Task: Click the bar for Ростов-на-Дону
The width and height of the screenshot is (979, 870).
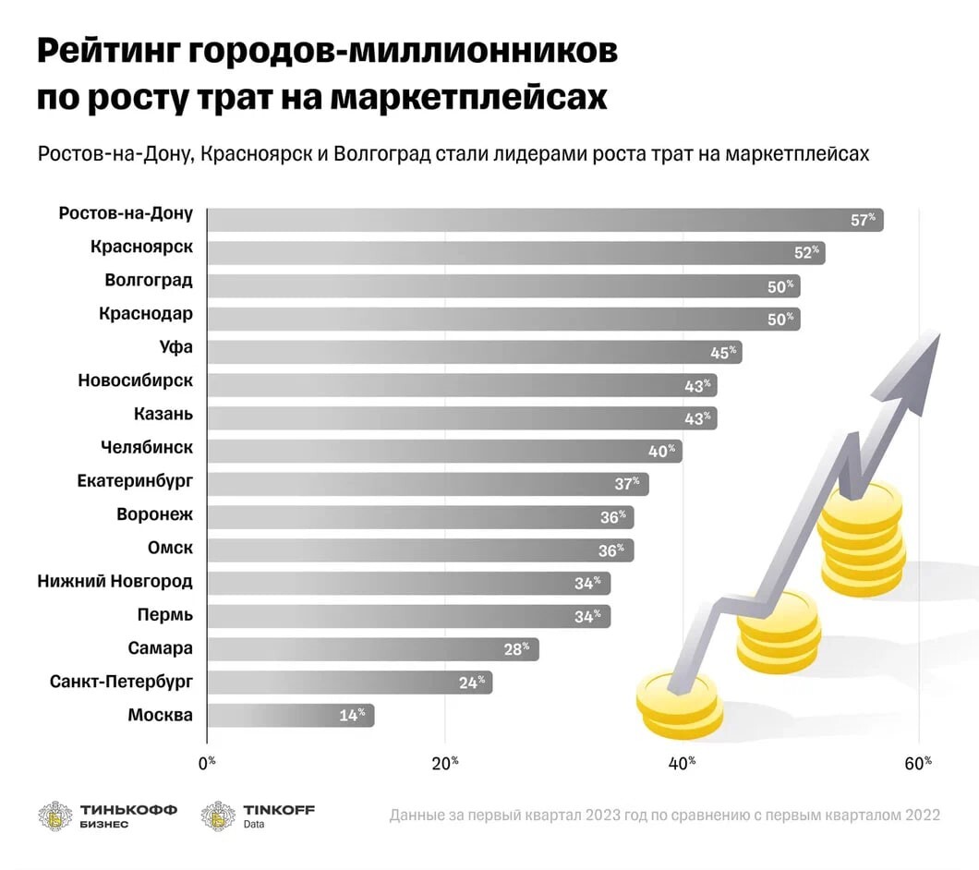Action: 545,220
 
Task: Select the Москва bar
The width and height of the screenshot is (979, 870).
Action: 290,715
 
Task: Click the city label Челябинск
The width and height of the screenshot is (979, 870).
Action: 147,448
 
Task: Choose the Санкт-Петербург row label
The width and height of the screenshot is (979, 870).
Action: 121,682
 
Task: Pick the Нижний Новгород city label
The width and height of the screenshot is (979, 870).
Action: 115,581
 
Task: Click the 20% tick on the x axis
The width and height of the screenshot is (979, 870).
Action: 445,763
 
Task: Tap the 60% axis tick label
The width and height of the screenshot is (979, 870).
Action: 918,763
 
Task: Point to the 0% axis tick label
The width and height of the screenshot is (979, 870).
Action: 207,763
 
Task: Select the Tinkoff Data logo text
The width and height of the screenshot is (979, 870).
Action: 279,816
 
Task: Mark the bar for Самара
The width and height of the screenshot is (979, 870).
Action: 372,648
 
